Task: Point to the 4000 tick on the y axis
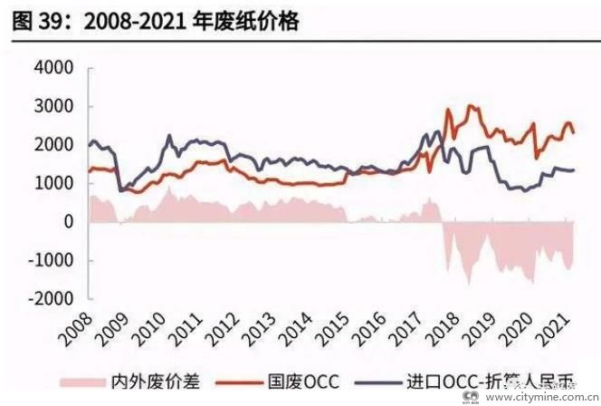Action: point(54,69)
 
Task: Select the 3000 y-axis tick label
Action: point(54,107)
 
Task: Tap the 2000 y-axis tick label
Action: point(54,145)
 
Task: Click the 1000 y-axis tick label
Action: point(54,183)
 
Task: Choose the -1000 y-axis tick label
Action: point(51,260)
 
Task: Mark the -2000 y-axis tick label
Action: point(51,298)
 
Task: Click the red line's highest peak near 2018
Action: point(469,106)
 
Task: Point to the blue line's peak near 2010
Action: point(169,136)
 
